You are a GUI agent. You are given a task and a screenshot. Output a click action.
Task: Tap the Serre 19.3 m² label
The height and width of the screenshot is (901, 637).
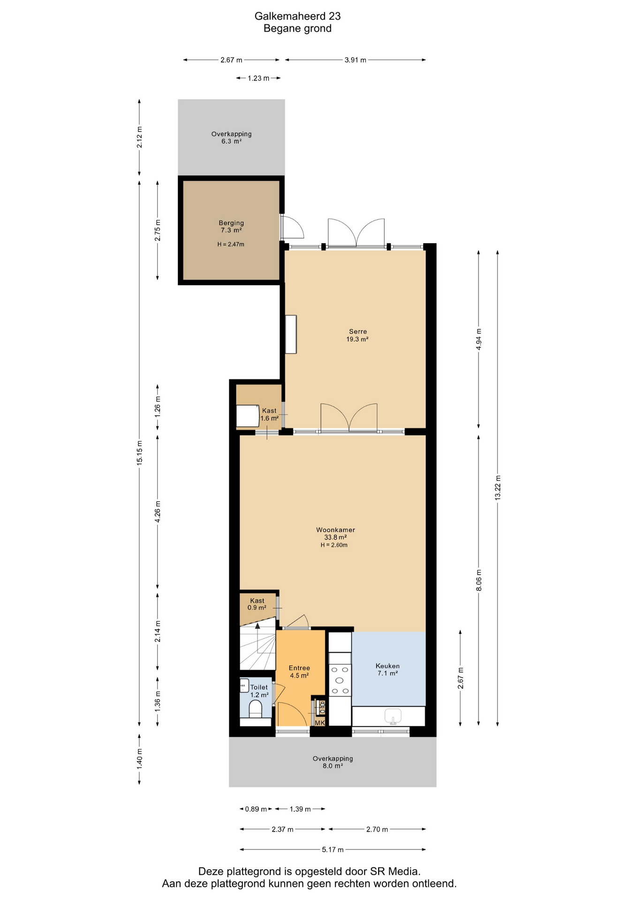pos(357,335)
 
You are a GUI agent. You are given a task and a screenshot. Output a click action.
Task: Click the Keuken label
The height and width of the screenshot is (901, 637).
pos(387,666)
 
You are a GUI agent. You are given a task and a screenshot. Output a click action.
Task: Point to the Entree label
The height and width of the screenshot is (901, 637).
pos(299,668)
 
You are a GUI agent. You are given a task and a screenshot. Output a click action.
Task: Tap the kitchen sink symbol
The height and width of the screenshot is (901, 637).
pos(393,716)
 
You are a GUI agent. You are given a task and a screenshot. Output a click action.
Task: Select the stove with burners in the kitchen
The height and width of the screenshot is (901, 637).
pos(340,680)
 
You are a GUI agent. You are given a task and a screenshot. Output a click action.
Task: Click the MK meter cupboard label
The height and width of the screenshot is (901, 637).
pos(320,723)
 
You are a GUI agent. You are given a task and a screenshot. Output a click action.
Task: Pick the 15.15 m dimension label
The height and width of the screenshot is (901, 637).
pos(139,453)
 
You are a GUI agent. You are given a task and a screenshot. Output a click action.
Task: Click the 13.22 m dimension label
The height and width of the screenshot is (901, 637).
pos(498,488)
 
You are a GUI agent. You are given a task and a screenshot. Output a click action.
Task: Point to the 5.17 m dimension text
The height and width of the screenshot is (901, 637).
pos(333,849)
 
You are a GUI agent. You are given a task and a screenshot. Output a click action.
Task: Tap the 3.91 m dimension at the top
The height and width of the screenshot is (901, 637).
pos(355,60)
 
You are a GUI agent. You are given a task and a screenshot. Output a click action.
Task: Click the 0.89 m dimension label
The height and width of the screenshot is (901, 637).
pos(256,809)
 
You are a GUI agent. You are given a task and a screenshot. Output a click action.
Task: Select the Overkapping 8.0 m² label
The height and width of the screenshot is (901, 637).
pos(333,762)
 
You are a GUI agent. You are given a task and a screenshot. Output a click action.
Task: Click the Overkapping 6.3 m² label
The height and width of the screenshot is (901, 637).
pos(231,137)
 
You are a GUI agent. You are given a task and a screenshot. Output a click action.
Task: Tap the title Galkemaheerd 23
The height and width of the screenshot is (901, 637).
pos(297,16)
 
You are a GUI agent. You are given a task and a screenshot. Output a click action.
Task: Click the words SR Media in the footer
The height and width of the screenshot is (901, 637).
pos(395,871)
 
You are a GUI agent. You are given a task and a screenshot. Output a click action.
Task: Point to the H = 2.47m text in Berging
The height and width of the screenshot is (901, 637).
pos(231,244)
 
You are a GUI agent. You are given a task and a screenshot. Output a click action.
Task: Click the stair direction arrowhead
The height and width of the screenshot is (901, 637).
pos(257,626)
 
